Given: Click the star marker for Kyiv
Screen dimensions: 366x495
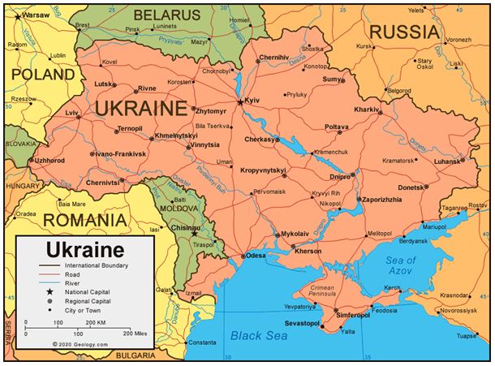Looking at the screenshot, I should [x=240, y=101].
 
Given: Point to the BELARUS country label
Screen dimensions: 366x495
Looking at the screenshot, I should [x=167, y=15].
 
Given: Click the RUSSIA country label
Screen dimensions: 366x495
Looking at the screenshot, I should [x=406, y=32].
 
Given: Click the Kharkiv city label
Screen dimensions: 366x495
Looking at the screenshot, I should [x=367, y=109].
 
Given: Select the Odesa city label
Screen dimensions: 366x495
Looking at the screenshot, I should [x=256, y=256].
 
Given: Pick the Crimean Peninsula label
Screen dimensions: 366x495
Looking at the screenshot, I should [x=322, y=292].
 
